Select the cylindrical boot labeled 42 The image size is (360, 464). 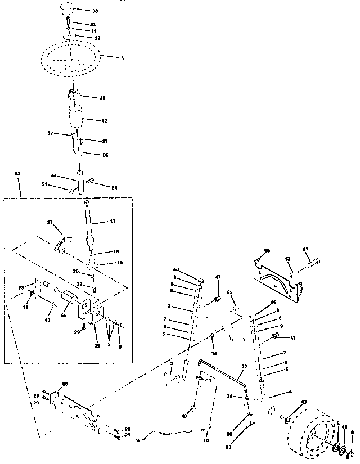76,120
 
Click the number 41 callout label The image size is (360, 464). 102,98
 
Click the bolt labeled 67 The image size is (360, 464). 313,261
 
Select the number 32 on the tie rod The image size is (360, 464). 244,366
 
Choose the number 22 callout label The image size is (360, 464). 80,283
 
